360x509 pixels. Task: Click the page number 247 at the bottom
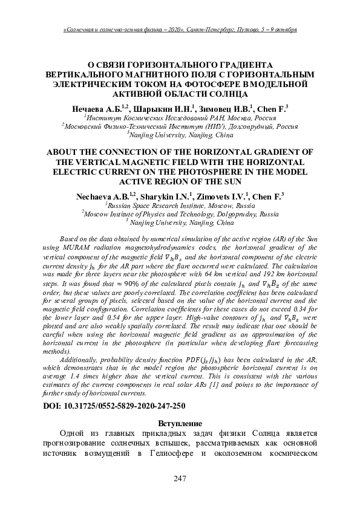point(179,479)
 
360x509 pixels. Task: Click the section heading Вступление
point(180,421)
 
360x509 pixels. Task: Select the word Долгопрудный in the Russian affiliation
point(251,127)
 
